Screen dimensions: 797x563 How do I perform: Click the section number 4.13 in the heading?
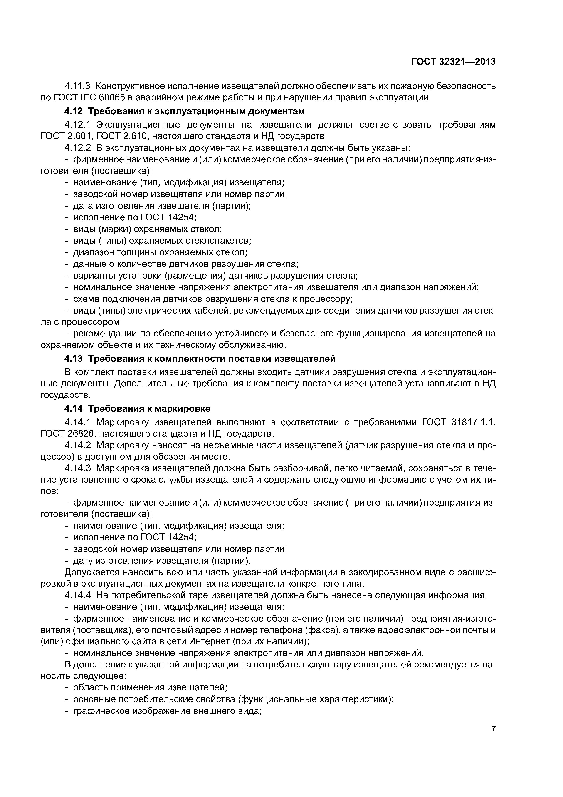[x=74, y=358]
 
